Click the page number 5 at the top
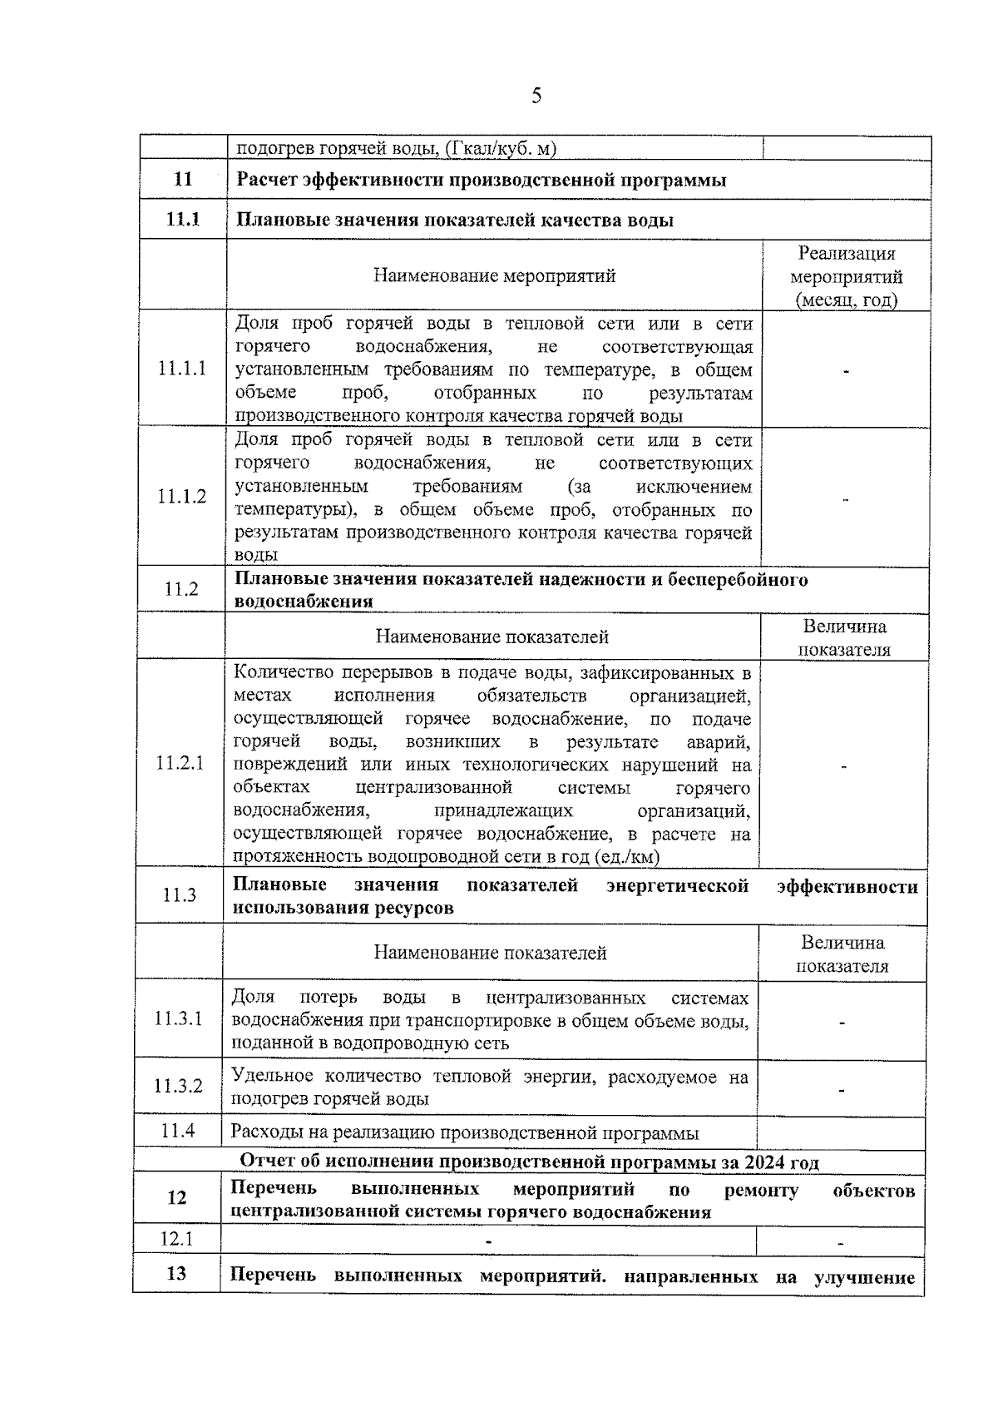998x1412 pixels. tap(536, 96)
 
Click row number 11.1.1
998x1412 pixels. tap(182, 369)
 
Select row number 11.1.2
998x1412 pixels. tap(182, 497)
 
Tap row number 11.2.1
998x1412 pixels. tap(180, 763)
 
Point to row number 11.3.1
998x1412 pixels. tap(178, 1018)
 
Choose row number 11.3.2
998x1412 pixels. tap(178, 1086)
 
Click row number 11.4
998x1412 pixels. tap(178, 1131)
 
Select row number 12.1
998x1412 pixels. tap(176, 1239)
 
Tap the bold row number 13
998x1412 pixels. tap(176, 1274)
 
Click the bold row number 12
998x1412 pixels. tap(176, 1197)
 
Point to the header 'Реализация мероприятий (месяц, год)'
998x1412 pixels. tap(846, 276)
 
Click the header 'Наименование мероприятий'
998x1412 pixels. tap(494, 275)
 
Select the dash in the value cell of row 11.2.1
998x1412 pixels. tap(844, 766)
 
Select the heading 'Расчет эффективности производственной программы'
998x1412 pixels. tap(482, 180)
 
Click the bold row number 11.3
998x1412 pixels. tap(179, 895)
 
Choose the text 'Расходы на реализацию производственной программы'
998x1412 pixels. tap(464, 1132)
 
